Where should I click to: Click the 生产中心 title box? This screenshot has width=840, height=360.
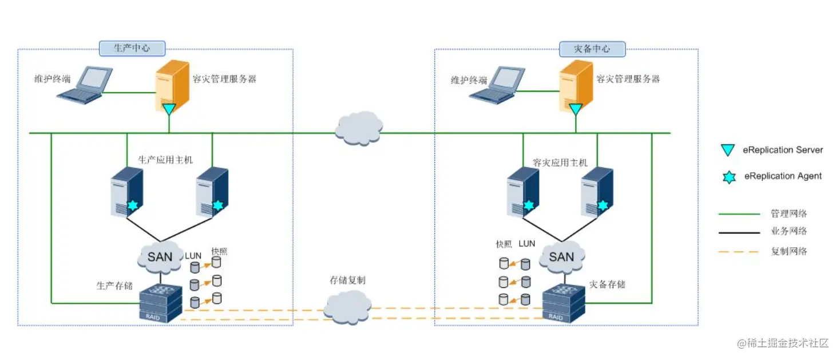[132, 48]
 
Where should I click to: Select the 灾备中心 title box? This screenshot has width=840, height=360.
[592, 49]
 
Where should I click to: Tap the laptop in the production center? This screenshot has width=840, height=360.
[85, 85]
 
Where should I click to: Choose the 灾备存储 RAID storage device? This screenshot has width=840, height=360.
[563, 303]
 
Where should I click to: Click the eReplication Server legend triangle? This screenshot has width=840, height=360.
[728, 151]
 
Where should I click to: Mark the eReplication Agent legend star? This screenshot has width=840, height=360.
[728, 177]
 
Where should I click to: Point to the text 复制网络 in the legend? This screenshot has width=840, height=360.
[789, 251]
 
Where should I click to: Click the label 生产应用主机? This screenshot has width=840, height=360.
[165, 160]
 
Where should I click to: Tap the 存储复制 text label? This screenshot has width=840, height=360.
[347, 280]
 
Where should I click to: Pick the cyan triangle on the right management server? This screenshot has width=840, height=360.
[576, 109]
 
